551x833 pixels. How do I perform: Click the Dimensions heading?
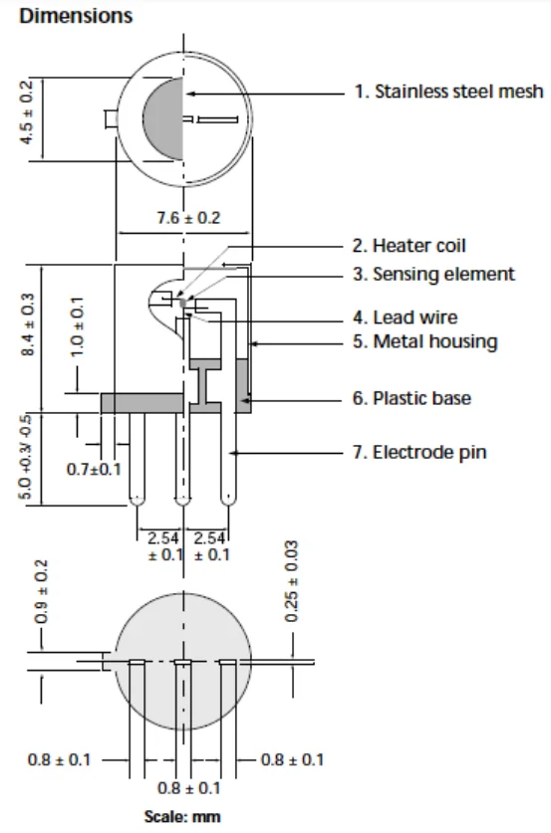tap(76, 16)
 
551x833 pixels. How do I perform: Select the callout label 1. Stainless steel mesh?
tap(449, 92)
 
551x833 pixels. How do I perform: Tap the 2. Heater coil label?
tap(409, 246)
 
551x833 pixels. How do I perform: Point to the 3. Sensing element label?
tap(433, 274)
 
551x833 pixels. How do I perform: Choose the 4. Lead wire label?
tap(405, 317)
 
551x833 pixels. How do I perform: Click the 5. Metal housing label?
tap(424, 341)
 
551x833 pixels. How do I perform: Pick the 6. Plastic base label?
tap(412, 398)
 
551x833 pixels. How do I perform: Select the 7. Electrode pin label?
tap(419, 452)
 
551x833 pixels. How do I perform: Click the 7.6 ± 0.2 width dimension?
tap(188, 218)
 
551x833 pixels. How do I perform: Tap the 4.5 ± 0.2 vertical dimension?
tap(27, 112)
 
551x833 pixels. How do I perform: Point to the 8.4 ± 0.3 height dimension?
tap(27, 324)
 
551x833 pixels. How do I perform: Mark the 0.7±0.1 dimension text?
tap(94, 469)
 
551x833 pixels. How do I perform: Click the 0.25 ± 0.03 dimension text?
tap(291, 581)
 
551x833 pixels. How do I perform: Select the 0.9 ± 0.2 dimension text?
tap(41, 591)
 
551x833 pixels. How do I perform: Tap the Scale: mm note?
tap(182, 816)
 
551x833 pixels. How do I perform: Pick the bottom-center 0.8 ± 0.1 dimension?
tap(188, 788)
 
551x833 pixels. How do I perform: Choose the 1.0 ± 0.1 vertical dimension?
tap(77, 327)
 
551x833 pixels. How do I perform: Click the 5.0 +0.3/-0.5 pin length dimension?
tap(26, 457)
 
